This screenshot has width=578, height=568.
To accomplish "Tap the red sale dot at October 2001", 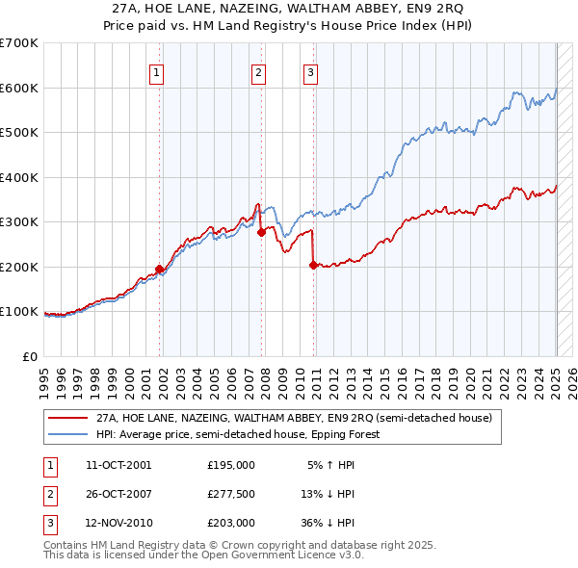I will [x=160, y=269].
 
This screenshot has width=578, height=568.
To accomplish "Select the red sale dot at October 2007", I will [x=261, y=231].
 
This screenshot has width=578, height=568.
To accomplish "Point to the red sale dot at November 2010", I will [x=313, y=265].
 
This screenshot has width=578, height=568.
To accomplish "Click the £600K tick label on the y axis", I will [x=19, y=88].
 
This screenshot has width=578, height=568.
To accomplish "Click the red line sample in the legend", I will [x=67, y=418].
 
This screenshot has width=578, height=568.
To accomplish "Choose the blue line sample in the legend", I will [x=67, y=434].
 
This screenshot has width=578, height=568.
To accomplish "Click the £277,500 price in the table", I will [x=231, y=494].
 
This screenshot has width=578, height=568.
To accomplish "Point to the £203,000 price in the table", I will [x=231, y=524].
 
